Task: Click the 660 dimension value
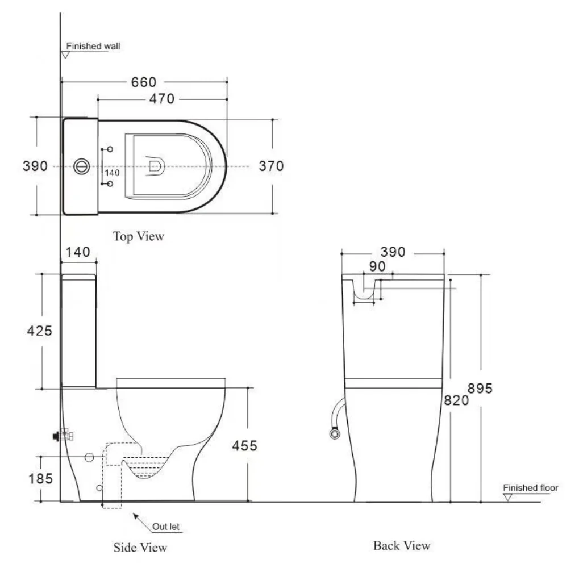tap(144, 82)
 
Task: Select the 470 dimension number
tap(162, 99)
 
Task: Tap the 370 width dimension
tap(271, 166)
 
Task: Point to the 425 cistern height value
tap(40, 331)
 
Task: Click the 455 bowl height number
tap(244, 446)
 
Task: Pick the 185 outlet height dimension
tap(40, 479)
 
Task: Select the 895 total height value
tap(480, 389)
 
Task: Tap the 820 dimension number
tap(456, 400)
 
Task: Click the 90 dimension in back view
tap(377, 266)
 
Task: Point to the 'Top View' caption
tap(139, 236)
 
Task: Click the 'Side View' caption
tap(140, 548)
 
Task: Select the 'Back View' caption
tap(402, 545)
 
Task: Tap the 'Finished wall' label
tap(93, 46)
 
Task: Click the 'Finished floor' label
tap(531, 488)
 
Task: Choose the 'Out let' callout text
tap(166, 527)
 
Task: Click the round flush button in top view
tap(81, 166)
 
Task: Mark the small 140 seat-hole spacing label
tap(112, 173)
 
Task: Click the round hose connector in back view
tap(335, 433)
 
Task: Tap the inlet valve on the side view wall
tap(63, 436)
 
